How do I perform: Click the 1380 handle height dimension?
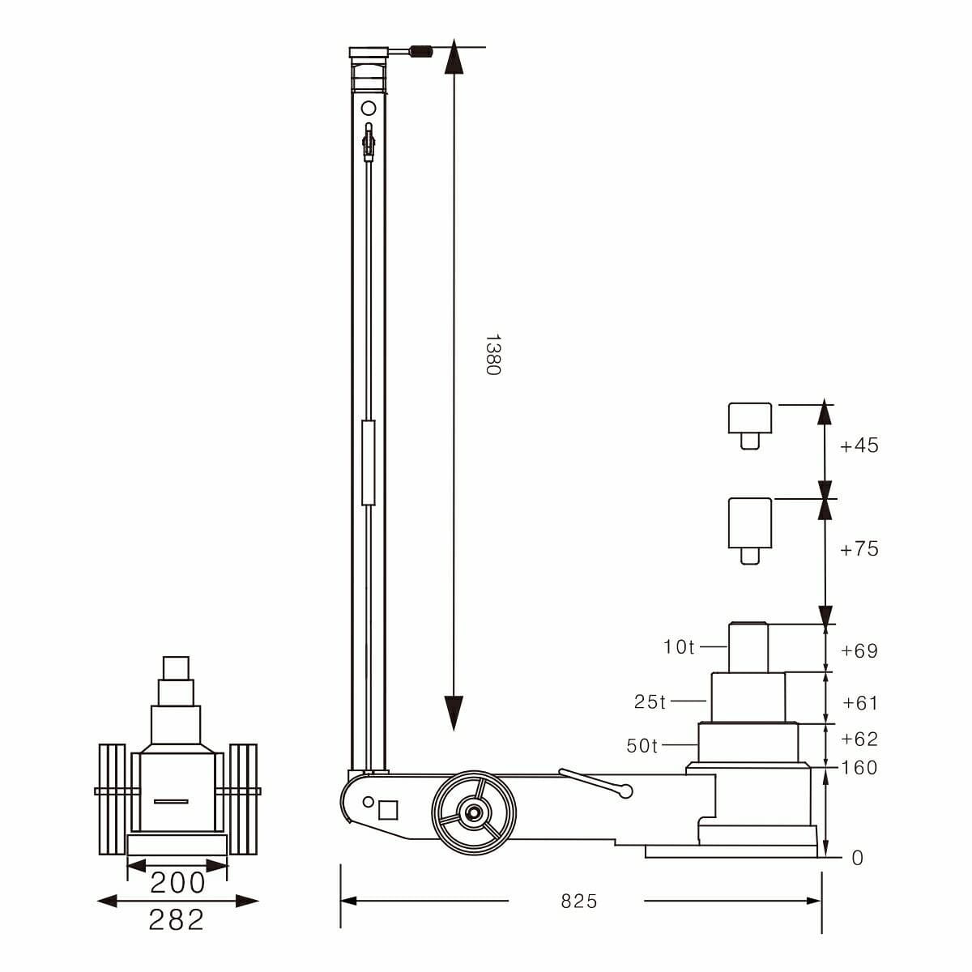click(x=492, y=355)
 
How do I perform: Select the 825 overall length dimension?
click(x=578, y=901)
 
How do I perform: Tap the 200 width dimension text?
click(x=177, y=883)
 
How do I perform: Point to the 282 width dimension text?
click(x=177, y=919)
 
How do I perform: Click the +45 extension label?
click(x=859, y=446)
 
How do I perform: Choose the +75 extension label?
click(x=859, y=549)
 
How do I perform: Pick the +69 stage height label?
click(x=859, y=650)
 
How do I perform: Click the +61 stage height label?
click(x=860, y=702)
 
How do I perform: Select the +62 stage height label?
click(x=859, y=739)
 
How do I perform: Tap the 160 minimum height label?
click(x=859, y=768)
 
